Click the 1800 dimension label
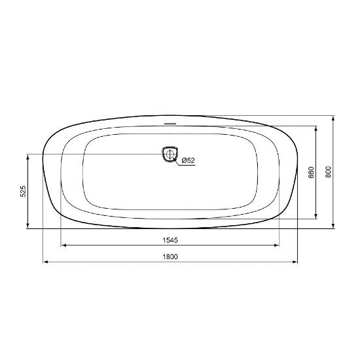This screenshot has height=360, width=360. coord(170,257)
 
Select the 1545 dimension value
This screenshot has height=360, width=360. coord(170,240)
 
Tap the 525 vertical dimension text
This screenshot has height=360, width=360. coord(23,191)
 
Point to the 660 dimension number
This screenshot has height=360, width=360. coord(311,172)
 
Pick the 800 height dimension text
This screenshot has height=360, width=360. coord(329,171)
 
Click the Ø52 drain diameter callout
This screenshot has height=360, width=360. coord(189,160)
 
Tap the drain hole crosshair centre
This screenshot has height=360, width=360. coord(170,154)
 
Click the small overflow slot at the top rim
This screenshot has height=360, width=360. coord(170,124)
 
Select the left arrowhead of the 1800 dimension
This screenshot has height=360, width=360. coord(46,262)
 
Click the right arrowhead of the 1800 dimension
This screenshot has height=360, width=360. coord(295,262)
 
